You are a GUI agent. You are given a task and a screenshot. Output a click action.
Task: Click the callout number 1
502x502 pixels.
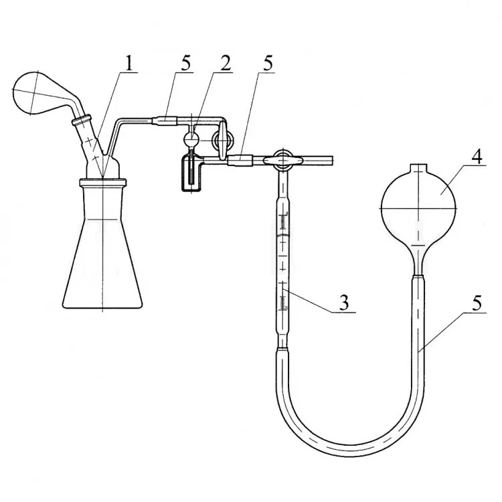pyautogui.click(x=129, y=63)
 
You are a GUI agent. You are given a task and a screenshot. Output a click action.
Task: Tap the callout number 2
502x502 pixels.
pyautogui.click(x=225, y=63)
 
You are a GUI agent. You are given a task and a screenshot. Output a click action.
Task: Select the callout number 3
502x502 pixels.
pyautogui.click(x=344, y=303)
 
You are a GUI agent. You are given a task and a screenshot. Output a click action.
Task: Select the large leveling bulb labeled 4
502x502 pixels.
pyautogui.click(x=418, y=208)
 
